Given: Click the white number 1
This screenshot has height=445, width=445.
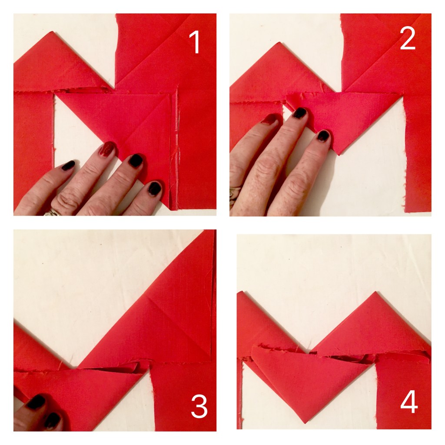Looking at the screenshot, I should tap(196, 43).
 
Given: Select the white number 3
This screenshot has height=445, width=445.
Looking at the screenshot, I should tap(199, 408).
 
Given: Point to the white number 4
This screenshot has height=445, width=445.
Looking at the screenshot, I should tap(409, 403).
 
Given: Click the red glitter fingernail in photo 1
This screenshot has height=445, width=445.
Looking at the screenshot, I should tap(107, 149).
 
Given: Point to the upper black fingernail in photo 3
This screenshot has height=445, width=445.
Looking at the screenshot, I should tap(37, 402).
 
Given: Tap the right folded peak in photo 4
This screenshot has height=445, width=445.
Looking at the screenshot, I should tap(375, 294).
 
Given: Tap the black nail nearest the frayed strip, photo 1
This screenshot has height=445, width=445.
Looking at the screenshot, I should tap(154, 188).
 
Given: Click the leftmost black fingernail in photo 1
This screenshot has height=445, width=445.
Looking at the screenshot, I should tap(68, 165).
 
